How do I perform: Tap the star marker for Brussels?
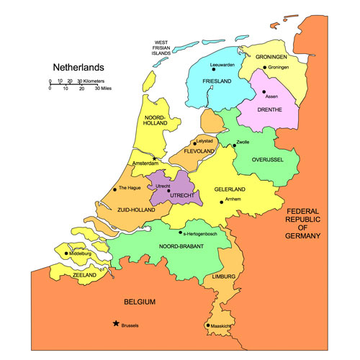coord(115,324)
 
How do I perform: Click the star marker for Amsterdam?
coord(153,159)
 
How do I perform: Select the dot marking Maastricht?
coord(208,325)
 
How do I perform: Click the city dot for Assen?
coord(264,91)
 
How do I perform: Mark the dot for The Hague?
coord(115,190)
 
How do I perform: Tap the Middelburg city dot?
coord(66,253)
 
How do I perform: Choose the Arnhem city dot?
coord(222,202)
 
